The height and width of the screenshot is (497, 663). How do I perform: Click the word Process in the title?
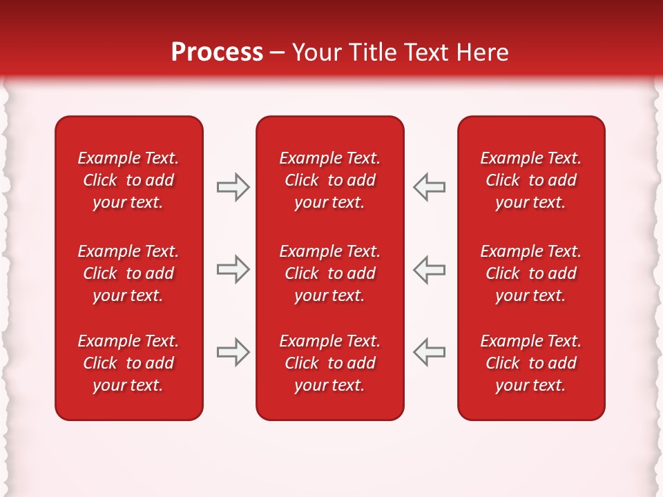[x=217, y=52]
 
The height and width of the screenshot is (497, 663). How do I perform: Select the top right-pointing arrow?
[x=233, y=187]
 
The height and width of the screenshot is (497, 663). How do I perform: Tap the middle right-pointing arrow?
[x=233, y=269]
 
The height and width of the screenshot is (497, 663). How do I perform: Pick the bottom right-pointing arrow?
[x=233, y=352]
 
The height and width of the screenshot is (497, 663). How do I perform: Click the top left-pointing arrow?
[x=429, y=187]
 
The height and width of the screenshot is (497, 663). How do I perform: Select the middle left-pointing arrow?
[x=429, y=269]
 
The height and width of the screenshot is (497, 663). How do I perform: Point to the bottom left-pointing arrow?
[x=429, y=352]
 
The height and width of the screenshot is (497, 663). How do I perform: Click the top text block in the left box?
[x=128, y=180]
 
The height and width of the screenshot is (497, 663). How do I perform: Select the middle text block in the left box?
[x=128, y=273]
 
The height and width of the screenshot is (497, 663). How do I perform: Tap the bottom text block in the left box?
[x=128, y=363]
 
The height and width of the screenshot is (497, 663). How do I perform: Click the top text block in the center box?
[x=330, y=180]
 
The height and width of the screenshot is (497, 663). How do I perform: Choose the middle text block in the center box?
[x=330, y=273]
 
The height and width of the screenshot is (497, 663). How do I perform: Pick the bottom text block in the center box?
[x=330, y=363]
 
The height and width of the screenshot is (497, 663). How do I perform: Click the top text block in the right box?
[x=531, y=180]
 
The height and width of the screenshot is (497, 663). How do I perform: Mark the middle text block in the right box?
[x=531, y=273]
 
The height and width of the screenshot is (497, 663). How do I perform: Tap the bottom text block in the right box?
[x=531, y=363]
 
